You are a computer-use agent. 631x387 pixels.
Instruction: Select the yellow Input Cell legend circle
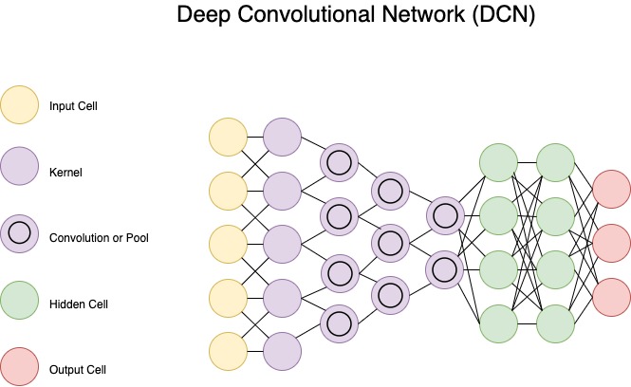(20, 106)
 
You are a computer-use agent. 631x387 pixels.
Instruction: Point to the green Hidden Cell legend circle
(20, 304)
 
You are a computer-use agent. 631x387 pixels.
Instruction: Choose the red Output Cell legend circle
(20, 368)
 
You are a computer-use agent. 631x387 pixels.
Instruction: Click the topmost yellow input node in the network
(229, 138)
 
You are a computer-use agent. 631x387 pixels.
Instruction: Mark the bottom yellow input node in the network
(229, 350)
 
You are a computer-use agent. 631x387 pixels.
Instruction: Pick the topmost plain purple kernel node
(283, 138)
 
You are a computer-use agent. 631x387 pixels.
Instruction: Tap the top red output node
(611, 192)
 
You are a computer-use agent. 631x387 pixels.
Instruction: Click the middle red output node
(611, 245)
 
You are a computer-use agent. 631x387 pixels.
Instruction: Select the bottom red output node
(611, 297)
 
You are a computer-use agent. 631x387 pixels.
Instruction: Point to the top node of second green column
(555, 163)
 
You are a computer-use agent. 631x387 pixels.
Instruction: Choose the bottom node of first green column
(500, 323)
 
